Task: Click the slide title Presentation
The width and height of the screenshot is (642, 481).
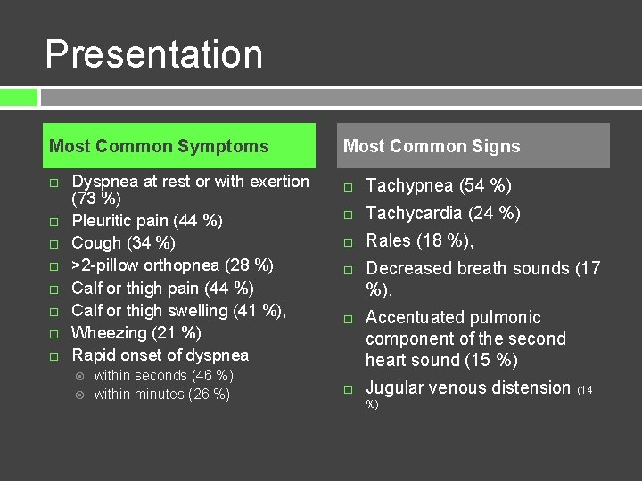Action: pyautogui.click(x=153, y=54)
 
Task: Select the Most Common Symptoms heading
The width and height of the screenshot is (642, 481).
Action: pyautogui.click(x=159, y=146)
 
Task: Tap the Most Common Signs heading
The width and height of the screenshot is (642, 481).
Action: pyautogui.click(x=432, y=146)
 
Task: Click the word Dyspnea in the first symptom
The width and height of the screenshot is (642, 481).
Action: pyautogui.click(x=105, y=182)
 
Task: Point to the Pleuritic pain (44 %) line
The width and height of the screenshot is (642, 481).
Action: pyautogui.click(x=147, y=221)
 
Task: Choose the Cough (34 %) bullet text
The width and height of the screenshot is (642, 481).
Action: pyautogui.click(x=123, y=243)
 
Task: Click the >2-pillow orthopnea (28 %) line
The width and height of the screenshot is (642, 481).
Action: pyautogui.click(x=172, y=265)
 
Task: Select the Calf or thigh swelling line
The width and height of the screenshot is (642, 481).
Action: pyautogui.click(x=178, y=311)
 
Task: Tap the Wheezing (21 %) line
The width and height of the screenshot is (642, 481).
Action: pyautogui.click(x=136, y=333)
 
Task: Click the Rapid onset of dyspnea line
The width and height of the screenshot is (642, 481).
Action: pyautogui.click(x=160, y=355)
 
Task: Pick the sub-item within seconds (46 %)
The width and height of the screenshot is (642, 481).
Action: pyautogui.click(x=163, y=376)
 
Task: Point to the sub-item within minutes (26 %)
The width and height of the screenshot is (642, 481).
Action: pyautogui.click(x=161, y=395)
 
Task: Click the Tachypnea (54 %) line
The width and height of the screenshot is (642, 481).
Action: pyautogui.click(x=439, y=186)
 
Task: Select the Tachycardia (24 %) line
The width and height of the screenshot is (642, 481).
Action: pyautogui.click(x=443, y=213)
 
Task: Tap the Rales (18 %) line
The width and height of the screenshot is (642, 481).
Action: pyautogui.click(x=419, y=240)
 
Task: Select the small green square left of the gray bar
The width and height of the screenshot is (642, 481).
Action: pyautogui.click(x=19, y=97)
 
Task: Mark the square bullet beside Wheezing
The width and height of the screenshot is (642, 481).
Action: pyautogui.click(x=53, y=334)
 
